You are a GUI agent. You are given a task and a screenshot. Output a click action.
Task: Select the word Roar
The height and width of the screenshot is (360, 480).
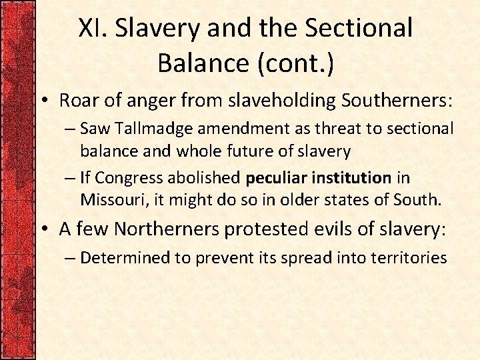(79, 101)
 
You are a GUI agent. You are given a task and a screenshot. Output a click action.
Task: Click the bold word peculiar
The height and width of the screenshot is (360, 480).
(273, 178)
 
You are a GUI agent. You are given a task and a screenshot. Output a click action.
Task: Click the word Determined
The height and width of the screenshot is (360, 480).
(125, 258)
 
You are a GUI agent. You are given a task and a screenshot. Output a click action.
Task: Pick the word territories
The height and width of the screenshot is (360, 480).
(410, 258)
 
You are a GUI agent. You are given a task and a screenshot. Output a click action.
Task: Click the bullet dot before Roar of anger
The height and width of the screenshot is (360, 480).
(43, 101)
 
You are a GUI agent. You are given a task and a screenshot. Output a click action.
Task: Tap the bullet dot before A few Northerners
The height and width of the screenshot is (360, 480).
(43, 229)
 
